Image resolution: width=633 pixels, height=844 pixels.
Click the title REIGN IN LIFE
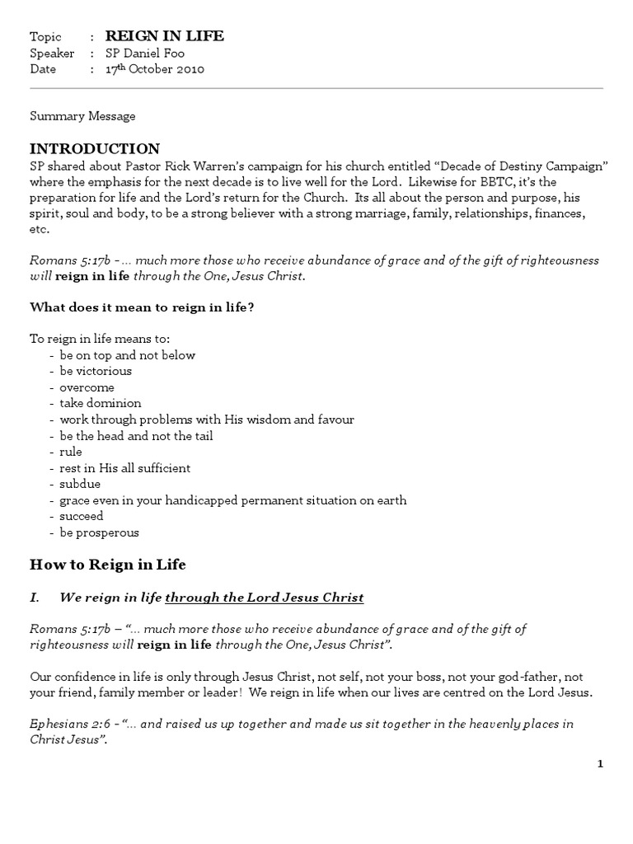pyautogui.click(x=164, y=36)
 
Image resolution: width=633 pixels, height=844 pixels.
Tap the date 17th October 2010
pyautogui.click(x=154, y=69)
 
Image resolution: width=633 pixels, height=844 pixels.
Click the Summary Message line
pyautogui.click(x=82, y=116)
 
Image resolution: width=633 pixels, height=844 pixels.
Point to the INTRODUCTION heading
pyautogui.click(x=95, y=149)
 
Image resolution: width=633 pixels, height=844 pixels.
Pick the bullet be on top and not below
pyautogui.click(x=127, y=355)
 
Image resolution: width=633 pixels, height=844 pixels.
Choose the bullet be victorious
pyautogui.click(x=95, y=371)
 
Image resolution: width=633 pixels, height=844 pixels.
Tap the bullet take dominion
pyautogui.click(x=100, y=403)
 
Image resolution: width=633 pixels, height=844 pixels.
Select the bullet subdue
pyautogui.click(x=79, y=484)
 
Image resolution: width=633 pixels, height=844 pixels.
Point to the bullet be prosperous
pyautogui.click(x=99, y=532)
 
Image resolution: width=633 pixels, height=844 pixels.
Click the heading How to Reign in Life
pyautogui.click(x=108, y=565)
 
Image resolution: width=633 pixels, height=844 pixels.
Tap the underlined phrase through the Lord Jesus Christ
pyautogui.click(x=264, y=597)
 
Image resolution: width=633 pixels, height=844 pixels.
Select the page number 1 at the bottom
pyautogui.click(x=601, y=764)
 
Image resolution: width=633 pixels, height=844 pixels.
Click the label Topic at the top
pyautogui.click(x=46, y=37)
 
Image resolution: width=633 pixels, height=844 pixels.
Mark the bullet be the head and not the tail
pyautogui.click(x=136, y=436)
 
